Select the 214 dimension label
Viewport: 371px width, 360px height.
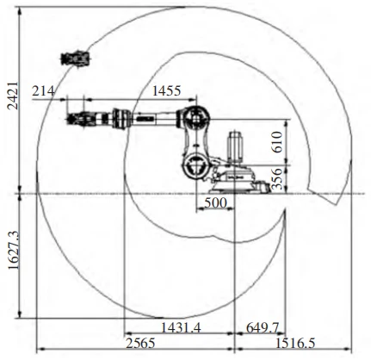pyautogui.click(x=44, y=90)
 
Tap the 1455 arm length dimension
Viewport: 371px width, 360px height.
pyautogui.click(x=165, y=90)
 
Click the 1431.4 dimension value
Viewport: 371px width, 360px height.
pyautogui.click(x=180, y=327)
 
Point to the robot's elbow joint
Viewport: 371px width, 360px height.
pyautogui.click(x=198, y=115)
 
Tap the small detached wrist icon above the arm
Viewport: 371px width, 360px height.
pyautogui.click(x=75, y=59)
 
